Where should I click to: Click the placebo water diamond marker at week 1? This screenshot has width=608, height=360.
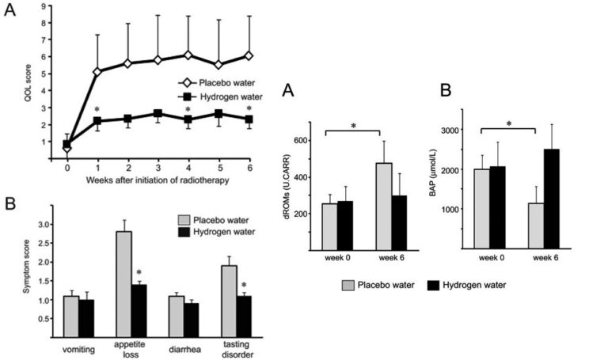97,72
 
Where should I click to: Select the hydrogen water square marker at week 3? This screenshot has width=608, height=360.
158,114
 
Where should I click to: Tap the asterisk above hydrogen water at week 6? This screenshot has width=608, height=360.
249,109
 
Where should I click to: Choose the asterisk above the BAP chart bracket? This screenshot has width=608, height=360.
509,123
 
